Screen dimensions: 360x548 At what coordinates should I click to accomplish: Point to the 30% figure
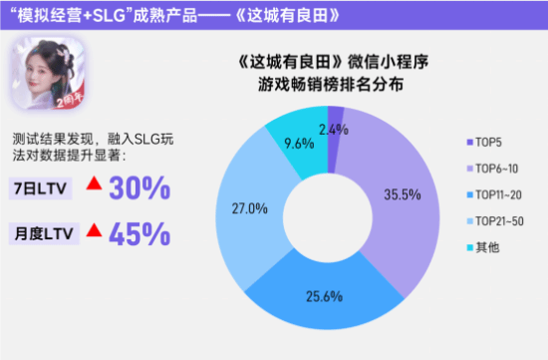coord(139,187)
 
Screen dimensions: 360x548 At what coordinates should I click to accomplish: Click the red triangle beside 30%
coord(94,185)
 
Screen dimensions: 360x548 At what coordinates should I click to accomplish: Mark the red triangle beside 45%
coord(94,230)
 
